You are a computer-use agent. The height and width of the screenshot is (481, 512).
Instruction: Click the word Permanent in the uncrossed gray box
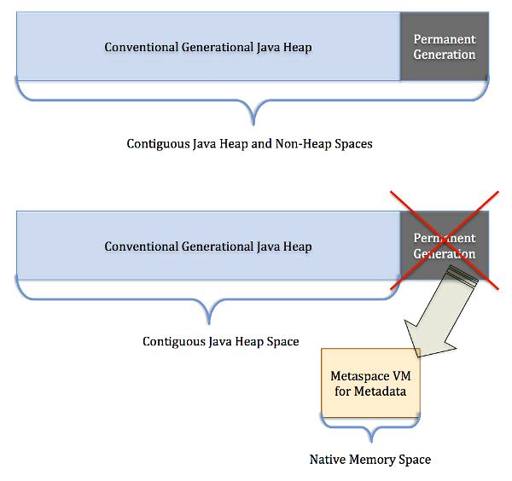coord(444,40)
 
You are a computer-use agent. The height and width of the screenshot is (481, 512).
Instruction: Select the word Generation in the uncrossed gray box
coord(444,55)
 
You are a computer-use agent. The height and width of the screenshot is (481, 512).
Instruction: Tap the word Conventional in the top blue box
coord(139,47)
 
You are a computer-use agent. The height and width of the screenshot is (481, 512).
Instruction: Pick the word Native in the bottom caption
coord(327,460)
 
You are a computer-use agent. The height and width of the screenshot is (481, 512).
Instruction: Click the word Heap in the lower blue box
coord(298,246)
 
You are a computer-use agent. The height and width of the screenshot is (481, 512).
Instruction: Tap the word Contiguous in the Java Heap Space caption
coord(172,341)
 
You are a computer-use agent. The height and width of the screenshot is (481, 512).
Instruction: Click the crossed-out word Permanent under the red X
coord(444,239)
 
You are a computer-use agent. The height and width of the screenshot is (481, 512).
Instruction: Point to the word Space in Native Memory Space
coord(414,460)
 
